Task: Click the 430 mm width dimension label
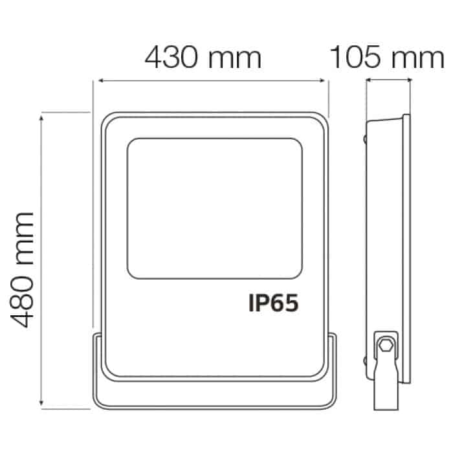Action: (203, 58)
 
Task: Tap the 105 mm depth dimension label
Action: (387, 58)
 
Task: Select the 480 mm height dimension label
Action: (22, 270)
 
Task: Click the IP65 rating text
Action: (273, 303)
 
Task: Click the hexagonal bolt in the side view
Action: (386, 344)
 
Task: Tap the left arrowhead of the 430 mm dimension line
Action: (101, 81)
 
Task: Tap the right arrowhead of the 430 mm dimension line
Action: (323, 81)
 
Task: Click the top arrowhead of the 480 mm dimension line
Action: (41, 118)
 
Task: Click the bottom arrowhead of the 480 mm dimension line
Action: (41, 403)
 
